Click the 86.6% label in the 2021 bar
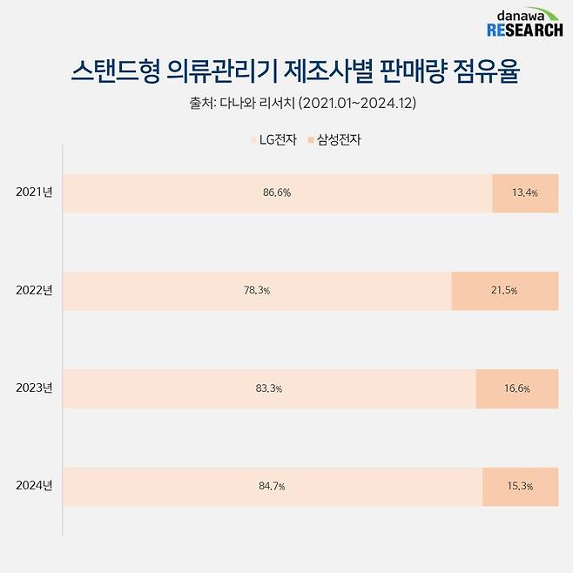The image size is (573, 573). (x=276, y=193)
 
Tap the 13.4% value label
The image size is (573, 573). (x=523, y=193)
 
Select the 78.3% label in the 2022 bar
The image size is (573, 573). (x=257, y=291)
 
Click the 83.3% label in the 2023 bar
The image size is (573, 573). (x=268, y=388)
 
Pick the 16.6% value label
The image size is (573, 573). (x=516, y=388)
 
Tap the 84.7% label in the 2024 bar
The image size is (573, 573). (x=272, y=486)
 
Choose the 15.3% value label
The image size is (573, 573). (x=519, y=486)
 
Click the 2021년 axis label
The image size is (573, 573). (x=34, y=192)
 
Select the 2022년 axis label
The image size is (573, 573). (x=34, y=290)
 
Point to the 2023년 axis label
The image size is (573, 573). (x=34, y=388)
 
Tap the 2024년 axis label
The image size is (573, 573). (x=34, y=485)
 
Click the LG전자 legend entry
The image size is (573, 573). (x=272, y=139)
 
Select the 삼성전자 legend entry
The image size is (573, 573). (x=334, y=139)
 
